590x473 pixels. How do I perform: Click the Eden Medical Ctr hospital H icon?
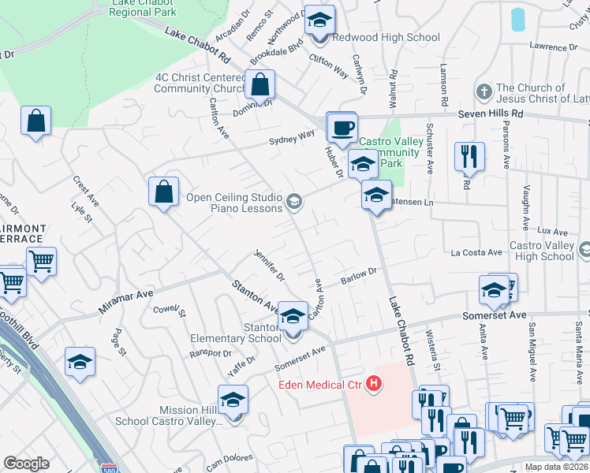coord(375,385)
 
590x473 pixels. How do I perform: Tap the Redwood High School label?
coord(386,37)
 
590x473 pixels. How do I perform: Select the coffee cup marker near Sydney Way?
coord(342,128)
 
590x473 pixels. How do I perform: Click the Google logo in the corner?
coord(26,464)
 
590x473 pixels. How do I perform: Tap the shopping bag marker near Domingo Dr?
coord(259,84)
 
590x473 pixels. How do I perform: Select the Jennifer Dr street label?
coord(269,265)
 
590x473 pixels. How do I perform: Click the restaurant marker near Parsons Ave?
coord(469,157)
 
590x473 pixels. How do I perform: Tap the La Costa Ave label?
coord(476,252)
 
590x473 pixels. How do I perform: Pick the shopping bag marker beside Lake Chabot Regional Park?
coord(36,121)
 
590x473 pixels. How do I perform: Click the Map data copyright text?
coord(557,467)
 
